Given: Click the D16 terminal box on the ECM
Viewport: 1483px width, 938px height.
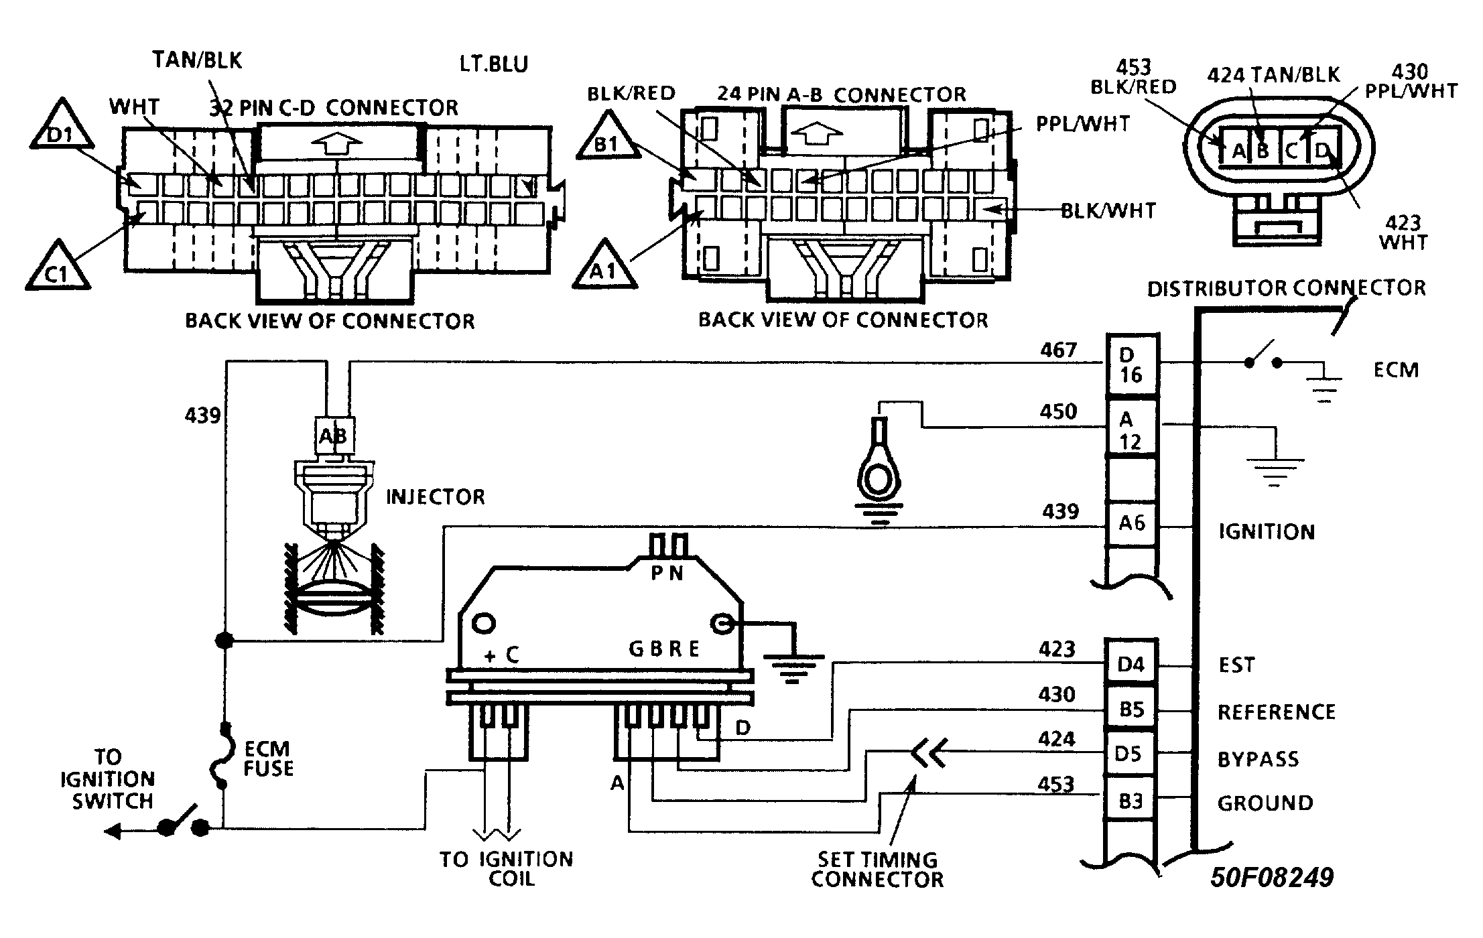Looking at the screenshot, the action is [x=1131, y=365].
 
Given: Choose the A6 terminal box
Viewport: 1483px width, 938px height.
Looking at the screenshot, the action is [x=1131, y=523].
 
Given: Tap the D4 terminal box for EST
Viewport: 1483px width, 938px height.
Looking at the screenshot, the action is [x=1131, y=663].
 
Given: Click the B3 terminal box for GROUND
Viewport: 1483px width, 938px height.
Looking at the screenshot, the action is [x=1131, y=800].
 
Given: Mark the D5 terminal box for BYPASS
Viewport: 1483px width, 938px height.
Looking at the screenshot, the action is [x=1131, y=754].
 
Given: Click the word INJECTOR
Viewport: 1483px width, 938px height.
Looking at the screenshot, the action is [x=436, y=496].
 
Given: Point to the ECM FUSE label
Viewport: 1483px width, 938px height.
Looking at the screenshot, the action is [x=268, y=758].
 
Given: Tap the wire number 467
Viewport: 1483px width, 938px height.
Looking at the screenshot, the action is [x=1059, y=350].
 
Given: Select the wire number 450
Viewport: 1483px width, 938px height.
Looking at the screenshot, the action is [x=1059, y=411].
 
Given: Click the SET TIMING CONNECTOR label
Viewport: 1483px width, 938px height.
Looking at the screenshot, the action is [x=878, y=869].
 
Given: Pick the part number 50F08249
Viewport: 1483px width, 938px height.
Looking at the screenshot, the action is [x=1272, y=878].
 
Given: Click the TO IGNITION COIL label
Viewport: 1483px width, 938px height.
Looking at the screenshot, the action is [x=507, y=868].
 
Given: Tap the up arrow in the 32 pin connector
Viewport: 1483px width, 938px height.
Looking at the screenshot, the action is [x=338, y=143].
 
